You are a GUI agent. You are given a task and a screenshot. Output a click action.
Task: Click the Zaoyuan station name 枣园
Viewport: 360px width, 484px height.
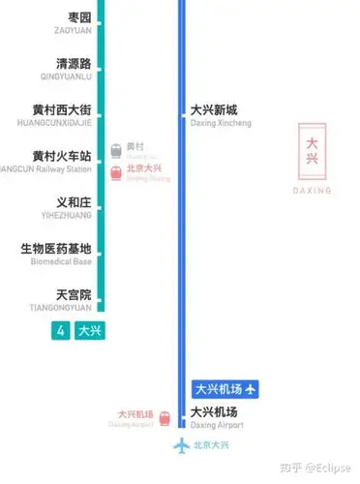coord(79,18)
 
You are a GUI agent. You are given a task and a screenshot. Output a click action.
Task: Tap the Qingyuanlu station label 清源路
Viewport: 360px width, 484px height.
coord(74,64)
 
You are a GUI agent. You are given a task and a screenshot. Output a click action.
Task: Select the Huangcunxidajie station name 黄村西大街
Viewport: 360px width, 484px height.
coord(61,110)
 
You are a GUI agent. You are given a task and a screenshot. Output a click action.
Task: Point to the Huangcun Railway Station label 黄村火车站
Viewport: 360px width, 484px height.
coord(61,156)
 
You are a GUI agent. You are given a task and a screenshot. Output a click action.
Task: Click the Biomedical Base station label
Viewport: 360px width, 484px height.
coord(56,249)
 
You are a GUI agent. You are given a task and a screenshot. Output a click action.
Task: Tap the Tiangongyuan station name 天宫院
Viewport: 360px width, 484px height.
coord(74,294)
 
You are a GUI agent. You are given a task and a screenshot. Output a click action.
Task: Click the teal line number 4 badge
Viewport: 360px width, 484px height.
coord(61,330)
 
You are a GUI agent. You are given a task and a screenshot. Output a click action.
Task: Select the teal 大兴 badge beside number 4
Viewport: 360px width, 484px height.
coord(89,330)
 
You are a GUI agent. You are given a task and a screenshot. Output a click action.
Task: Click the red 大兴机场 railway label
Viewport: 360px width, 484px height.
coord(135,413)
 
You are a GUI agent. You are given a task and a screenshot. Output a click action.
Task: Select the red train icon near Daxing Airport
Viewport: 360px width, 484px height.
coord(165,418)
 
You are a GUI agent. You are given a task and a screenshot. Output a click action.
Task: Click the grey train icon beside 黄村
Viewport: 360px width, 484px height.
coord(116,150)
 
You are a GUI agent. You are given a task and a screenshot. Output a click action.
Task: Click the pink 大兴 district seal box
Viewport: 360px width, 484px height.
coord(312,147)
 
